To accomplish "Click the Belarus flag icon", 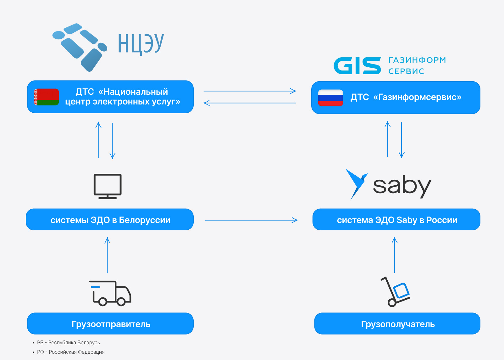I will click(47, 97).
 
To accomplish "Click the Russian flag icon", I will click(330, 98).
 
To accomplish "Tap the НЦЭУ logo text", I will click(141, 44).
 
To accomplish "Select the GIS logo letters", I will click(357, 66).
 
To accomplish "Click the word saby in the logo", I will click(402, 186).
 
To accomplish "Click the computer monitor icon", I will click(108, 186).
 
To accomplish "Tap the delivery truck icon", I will click(110, 293).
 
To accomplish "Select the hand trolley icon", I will click(395, 292).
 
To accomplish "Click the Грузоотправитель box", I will click(110, 323).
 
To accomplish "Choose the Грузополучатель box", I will click(397, 323).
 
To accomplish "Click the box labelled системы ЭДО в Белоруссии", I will click(110, 220).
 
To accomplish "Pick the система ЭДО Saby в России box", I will click(396, 220).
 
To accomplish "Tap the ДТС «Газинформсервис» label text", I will click(406, 97).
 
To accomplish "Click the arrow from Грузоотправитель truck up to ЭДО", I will click(108, 255).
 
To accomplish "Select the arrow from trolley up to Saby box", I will click(395, 255).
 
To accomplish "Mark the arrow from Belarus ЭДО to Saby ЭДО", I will click(251, 220).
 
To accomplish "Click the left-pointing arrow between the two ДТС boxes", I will click(250, 103).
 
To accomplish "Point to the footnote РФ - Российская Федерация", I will click(71, 352).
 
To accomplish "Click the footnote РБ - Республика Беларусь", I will click(69, 342).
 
